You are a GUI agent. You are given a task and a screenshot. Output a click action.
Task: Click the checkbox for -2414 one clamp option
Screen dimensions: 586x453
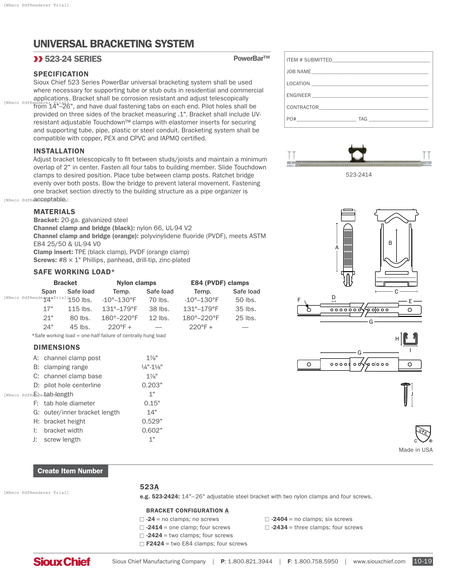click(x=142, y=527)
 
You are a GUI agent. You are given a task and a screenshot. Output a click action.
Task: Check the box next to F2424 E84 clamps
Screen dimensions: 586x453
click(x=142, y=544)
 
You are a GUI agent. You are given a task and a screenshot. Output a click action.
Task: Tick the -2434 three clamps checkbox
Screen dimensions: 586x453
click(x=267, y=527)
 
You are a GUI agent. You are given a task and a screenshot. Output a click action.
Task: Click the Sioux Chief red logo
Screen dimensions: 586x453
click(x=62, y=561)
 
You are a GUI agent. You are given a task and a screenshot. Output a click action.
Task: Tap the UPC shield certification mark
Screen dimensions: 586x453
click(x=423, y=434)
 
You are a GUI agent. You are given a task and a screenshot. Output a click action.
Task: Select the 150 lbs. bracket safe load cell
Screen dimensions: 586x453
click(x=80, y=300)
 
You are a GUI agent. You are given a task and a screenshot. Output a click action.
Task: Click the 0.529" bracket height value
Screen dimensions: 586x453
click(x=152, y=421)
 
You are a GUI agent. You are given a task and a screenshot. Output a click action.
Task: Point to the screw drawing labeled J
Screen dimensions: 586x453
click(x=406, y=394)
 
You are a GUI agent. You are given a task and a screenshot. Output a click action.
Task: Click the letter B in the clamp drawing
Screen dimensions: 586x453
click(x=390, y=243)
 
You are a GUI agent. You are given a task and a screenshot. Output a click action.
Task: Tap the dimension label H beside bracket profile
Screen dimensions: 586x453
click(x=397, y=339)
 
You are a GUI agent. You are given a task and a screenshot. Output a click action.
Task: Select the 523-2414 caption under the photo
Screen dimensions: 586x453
click(x=358, y=175)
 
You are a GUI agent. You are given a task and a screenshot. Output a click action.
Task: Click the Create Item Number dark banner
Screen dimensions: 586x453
click(x=71, y=471)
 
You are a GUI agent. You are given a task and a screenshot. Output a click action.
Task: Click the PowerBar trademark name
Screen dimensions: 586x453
click(x=252, y=59)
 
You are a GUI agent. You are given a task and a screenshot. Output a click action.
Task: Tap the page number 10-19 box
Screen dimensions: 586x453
click(x=422, y=561)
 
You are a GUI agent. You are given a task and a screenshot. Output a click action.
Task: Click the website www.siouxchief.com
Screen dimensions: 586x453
click(x=379, y=561)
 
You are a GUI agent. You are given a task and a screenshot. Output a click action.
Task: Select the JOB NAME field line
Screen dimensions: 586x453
click(x=370, y=72)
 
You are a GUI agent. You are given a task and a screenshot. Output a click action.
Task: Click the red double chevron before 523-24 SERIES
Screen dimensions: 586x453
click(x=38, y=59)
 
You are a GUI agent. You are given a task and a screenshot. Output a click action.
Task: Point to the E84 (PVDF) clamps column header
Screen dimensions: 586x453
click(x=220, y=283)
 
